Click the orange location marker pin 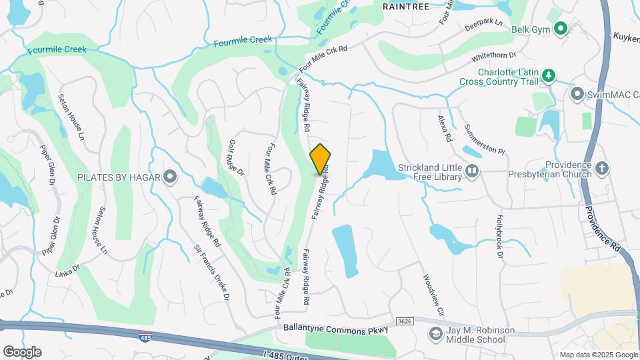coord(321,159)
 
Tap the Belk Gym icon coord(560,29)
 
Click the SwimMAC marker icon coord(577,95)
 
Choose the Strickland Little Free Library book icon coord(472,171)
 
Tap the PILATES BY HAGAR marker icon coord(170,177)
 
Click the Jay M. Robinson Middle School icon coord(435,333)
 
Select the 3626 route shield coord(404,321)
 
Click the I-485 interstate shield coord(145,338)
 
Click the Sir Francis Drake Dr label coord(213,273)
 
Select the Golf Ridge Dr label coord(237,157)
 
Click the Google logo coord(22,351)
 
